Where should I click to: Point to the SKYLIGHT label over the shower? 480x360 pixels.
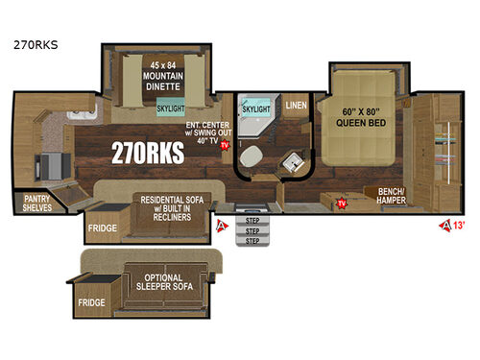[256, 110]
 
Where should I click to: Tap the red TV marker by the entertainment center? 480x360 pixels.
[225, 146]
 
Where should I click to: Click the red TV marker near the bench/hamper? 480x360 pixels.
[342, 204]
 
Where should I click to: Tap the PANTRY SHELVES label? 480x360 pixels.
[37, 203]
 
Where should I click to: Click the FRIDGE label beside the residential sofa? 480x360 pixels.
[103, 228]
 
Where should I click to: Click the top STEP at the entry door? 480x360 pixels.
[253, 220]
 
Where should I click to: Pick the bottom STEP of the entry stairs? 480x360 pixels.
[253, 241]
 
